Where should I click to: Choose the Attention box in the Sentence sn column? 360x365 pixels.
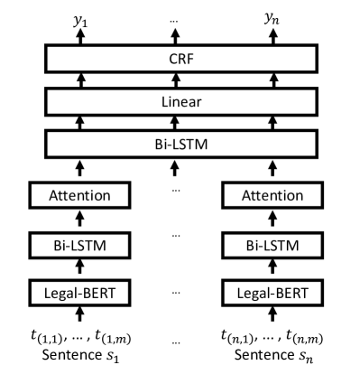pos(267,194)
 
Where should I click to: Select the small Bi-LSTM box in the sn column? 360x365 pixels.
pos(267,243)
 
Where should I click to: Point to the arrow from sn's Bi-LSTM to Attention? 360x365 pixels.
pos(267,219)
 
